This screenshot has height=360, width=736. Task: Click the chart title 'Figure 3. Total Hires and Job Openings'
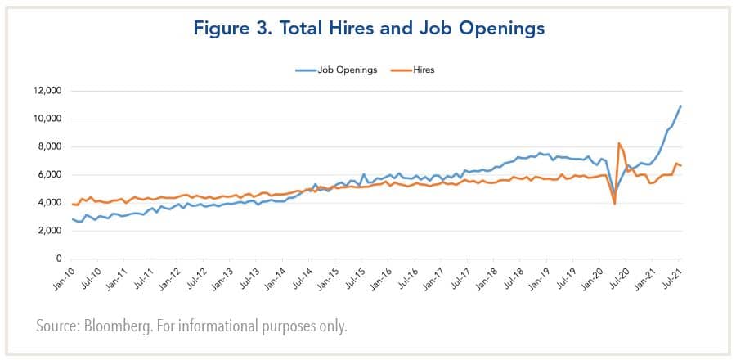368,29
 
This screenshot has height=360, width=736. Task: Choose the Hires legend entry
424,70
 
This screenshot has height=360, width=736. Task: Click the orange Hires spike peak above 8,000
619,143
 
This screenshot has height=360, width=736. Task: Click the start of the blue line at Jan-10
72,218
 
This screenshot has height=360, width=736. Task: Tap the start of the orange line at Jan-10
72,204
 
